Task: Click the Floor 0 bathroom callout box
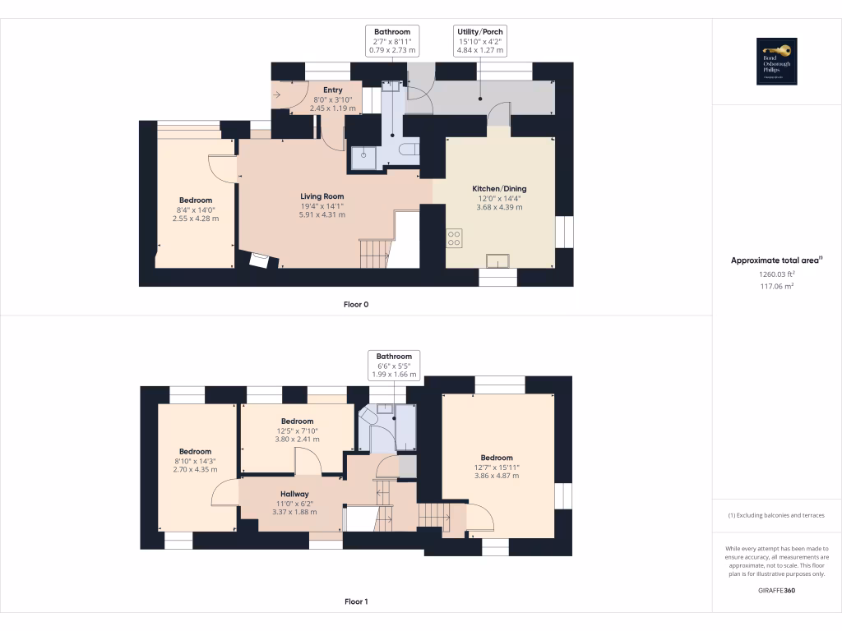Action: pyautogui.click(x=392, y=40)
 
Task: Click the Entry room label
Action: pyautogui.click(x=333, y=90)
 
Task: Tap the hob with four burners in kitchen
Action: pyautogui.click(x=454, y=237)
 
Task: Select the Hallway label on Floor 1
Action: pyautogui.click(x=294, y=494)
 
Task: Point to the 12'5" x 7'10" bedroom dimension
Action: pyautogui.click(x=297, y=431)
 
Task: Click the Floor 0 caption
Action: pyautogui.click(x=355, y=304)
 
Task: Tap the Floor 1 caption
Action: pyautogui.click(x=355, y=601)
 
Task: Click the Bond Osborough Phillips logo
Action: pyautogui.click(x=777, y=62)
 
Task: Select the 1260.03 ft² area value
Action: pyautogui.click(x=777, y=274)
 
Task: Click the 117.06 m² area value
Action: pyautogui.click(x=777, y=286)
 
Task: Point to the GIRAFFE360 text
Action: pyautogui.click(x=777, y=590)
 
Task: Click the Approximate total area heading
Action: pyautogui.click(x=777, y=260)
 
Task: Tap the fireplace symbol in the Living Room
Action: pyautogui.click(x=259, y=260)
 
